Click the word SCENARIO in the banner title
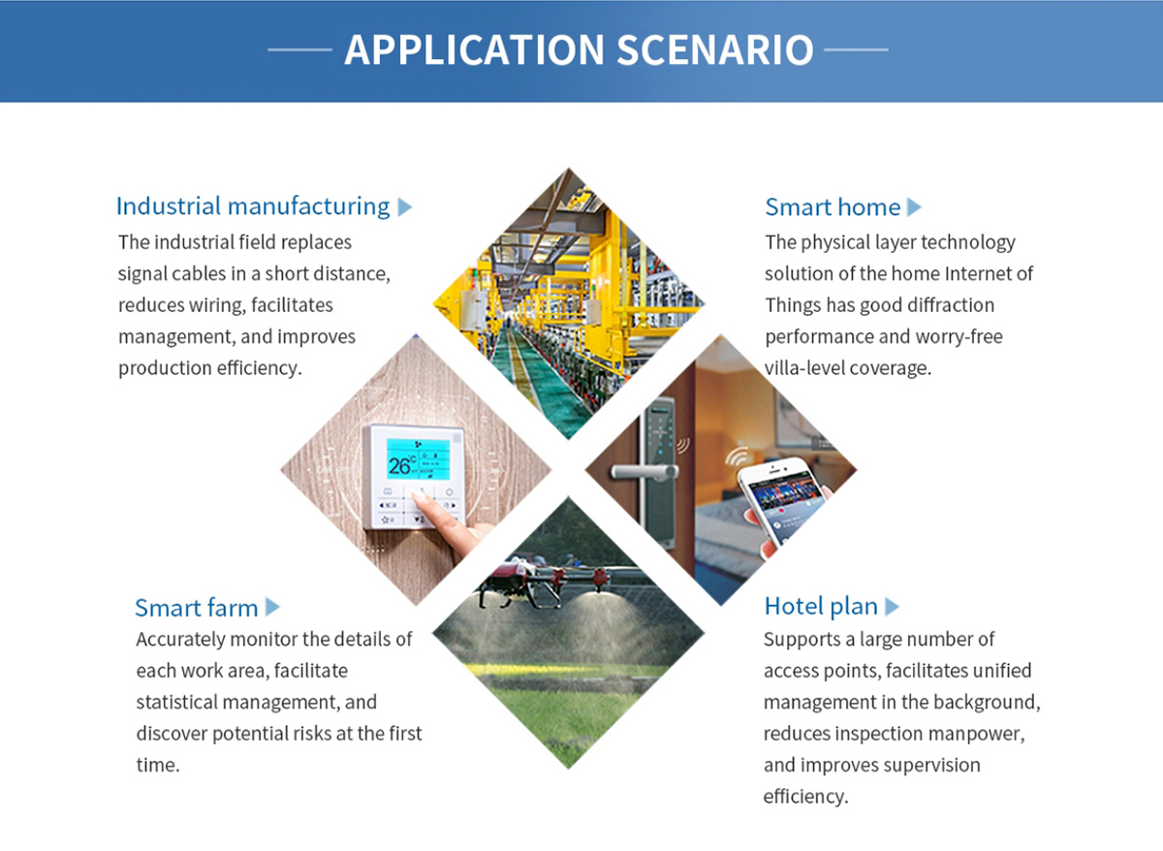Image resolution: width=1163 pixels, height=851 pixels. [715, 49]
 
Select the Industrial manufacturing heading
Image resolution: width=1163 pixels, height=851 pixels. [253, 206]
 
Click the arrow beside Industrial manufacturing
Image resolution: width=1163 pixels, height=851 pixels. [405, 206]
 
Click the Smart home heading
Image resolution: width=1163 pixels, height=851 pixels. [833, 207]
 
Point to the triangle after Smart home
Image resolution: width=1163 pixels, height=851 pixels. [914, 207]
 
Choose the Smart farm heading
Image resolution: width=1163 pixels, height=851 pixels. [196, 608]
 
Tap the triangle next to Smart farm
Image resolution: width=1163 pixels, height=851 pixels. [272, 607]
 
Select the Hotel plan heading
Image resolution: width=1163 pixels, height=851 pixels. [821, 606]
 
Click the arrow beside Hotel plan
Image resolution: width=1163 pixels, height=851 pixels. [892, 607]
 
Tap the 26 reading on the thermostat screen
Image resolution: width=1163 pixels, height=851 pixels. [399, 466]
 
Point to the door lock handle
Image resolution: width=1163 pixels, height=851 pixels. [644, 471]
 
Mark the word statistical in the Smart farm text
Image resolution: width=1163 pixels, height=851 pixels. [177, 702]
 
